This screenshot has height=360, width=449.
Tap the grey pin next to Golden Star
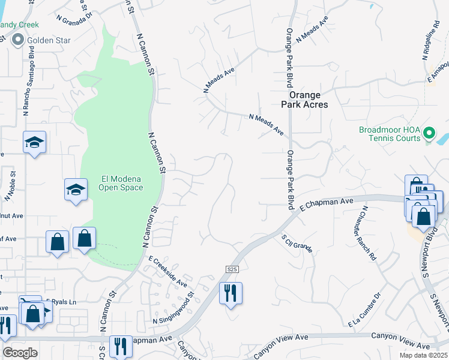coord(17,40)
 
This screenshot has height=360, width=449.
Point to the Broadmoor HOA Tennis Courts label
coord(390,134)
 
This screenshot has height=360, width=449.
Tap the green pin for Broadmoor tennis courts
coord(429,133)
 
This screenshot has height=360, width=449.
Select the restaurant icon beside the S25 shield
coord(231,293)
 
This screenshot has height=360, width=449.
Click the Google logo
coord(20,353)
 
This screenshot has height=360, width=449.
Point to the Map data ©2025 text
coord(415,355)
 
